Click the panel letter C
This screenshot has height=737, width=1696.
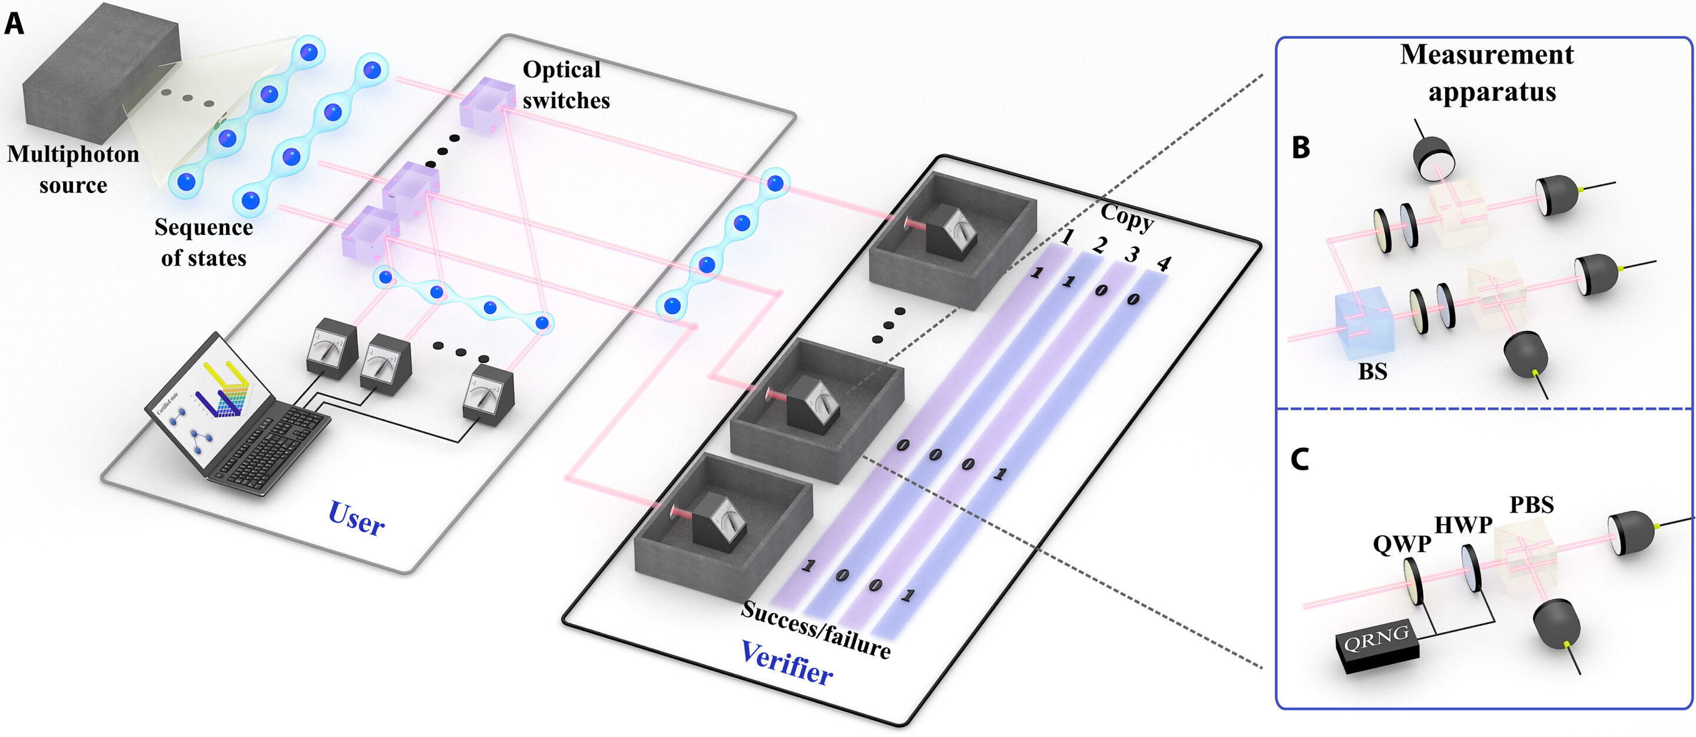(1299, 459)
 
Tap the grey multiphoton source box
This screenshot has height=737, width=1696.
(99, 72)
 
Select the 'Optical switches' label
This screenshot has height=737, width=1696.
(565, 85)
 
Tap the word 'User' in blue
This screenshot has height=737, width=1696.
(356, 519)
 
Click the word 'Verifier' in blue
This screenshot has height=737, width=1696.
(787, 663)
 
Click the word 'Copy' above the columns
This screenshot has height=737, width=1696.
(1127, 217)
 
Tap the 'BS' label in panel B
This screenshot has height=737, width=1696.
(1373, 372)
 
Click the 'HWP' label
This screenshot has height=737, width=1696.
(1463, 524)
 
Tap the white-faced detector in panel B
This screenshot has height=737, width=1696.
(1435, 161)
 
